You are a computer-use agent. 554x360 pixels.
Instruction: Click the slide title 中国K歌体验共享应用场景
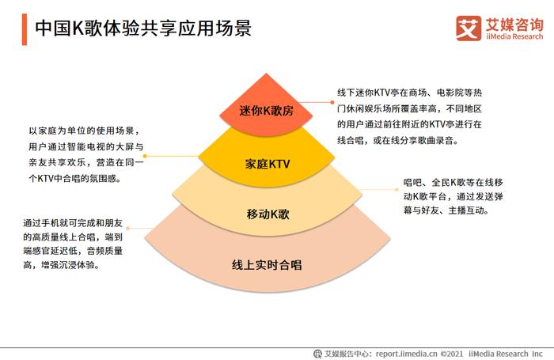pyautogui.click(x=143, y=28)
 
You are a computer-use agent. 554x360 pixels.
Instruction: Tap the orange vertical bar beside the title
pyautogui.click(x=25, y=29)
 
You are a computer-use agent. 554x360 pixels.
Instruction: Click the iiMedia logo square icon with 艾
pyautogui.click(x=469, y=28)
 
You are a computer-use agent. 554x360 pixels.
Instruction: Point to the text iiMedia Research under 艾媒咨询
pyautogui.click(x=514, y=36)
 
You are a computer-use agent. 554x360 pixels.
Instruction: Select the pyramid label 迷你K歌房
pyautogui.click(x=267, y=111)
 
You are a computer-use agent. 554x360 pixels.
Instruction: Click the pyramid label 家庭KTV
pyautogui.click(x=268, y=164)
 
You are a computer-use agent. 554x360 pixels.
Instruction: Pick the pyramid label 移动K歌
pyautogui.click(x=268, y=214)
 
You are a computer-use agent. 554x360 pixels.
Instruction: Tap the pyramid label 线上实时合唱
pyautogui.click(x=267, y=265)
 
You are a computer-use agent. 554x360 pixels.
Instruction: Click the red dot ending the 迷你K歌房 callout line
pyautogui.click(x=332, y=102)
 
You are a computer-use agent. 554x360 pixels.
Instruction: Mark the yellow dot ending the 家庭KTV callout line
pyautogui.click(x=145, y=156)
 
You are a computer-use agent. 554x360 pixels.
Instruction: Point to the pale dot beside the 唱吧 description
pyautogui.click(x=397, y=190)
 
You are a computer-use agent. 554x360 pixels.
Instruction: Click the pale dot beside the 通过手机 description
pyautogui.click(x=128, y=228)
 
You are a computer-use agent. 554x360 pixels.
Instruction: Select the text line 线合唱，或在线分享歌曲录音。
pyautogui.click(x=398, y=141)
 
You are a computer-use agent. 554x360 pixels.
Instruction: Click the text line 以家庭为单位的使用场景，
pyautogui.click(x=85, y=131)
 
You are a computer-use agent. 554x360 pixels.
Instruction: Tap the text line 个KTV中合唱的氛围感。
pyautogui.click(x=75, y=178)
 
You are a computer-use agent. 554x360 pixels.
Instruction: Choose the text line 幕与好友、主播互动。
pyautogui.click(x=446, y=210)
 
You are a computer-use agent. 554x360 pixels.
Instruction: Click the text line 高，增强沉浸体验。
pyautogui.click(x=62, y=265)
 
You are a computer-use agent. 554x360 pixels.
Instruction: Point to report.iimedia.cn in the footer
pyautogui.click(x=406, y=354)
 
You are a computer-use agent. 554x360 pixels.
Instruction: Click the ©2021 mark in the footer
pyautogui.click(x=452, y=354)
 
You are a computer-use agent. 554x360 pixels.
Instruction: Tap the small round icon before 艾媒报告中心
pyautogui.click(x=317, y=354)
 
